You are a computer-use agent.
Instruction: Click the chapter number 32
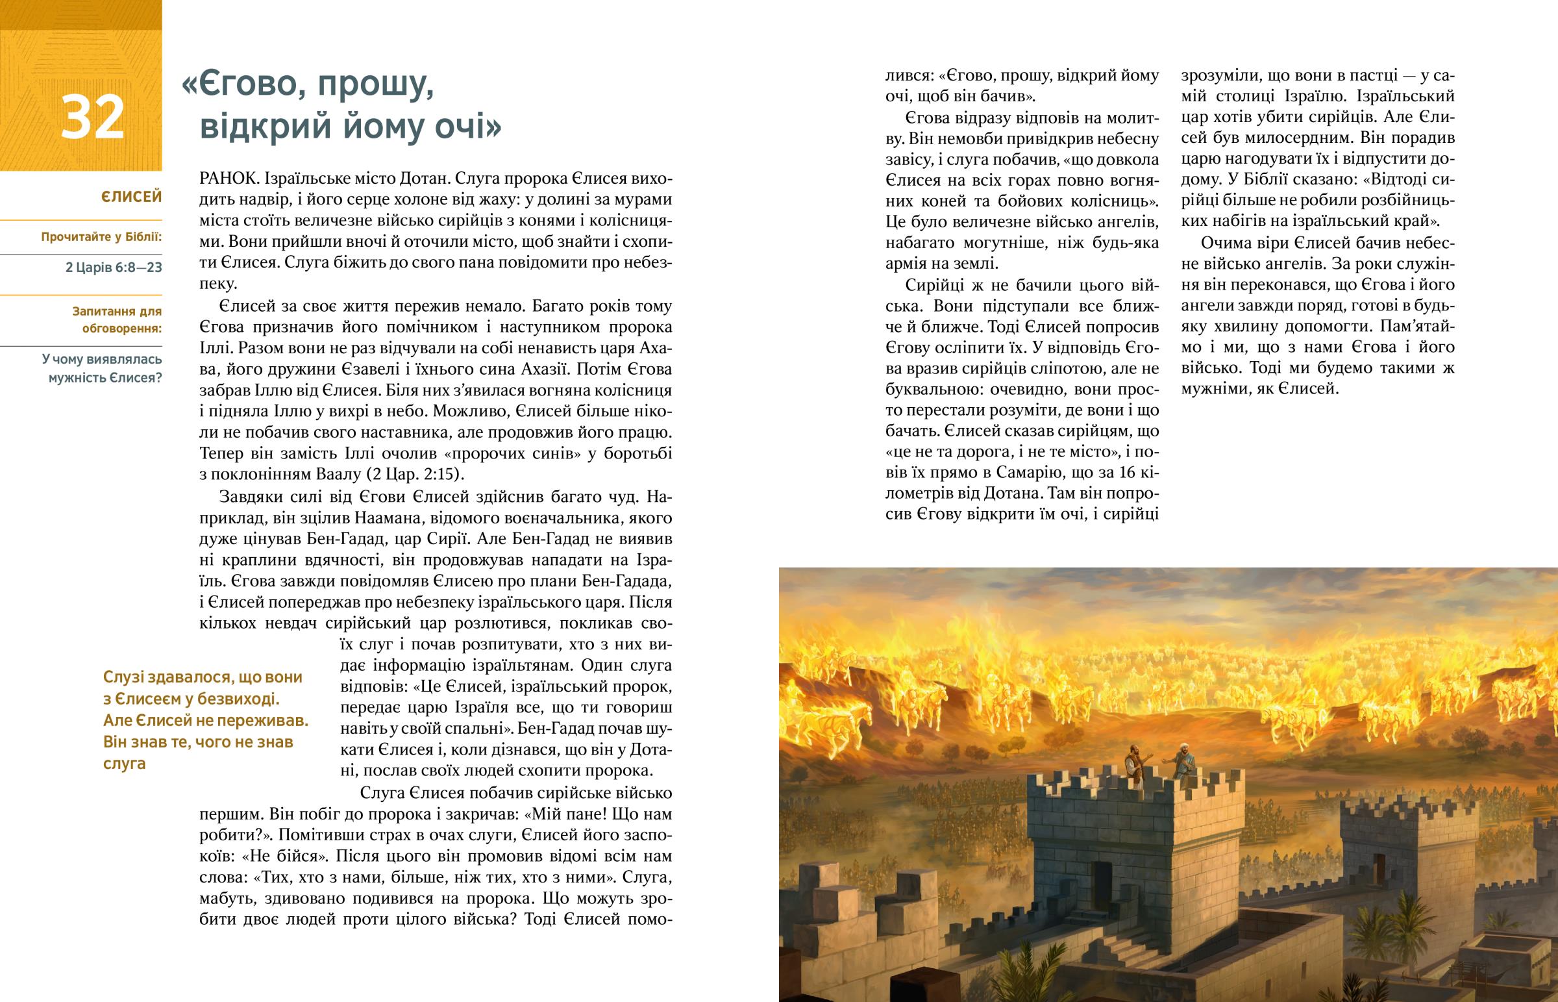92,118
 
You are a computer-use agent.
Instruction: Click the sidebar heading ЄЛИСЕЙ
131,197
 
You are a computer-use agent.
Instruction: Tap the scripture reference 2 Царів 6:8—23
114,268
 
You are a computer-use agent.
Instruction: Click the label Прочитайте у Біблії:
101,237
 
